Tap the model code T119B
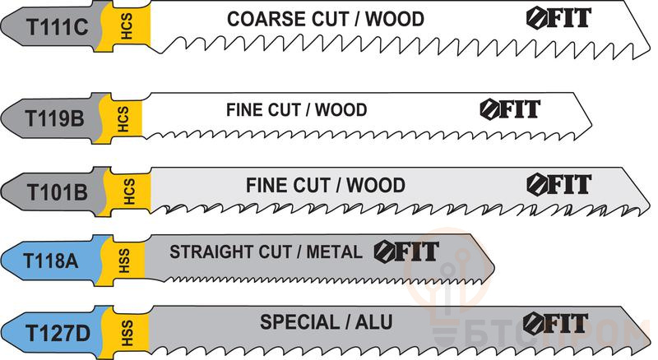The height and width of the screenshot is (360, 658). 55,118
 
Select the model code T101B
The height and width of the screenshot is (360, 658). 56,191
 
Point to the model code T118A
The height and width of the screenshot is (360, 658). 50,261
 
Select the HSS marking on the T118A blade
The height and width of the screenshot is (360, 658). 123,261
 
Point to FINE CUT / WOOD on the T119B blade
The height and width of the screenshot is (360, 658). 296,109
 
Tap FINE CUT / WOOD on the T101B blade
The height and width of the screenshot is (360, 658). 325,185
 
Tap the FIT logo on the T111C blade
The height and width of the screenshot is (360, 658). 558,17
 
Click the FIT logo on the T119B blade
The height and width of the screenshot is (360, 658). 510,108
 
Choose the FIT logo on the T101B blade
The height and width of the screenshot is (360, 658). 558,182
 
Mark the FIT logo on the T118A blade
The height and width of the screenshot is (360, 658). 406,251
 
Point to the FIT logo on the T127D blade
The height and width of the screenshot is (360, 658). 555,322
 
